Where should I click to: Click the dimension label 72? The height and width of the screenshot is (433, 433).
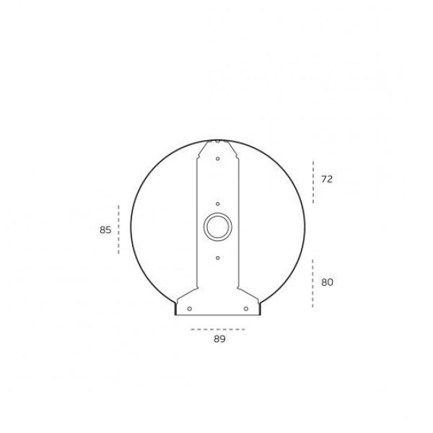327,179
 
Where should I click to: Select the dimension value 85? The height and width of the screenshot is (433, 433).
105,229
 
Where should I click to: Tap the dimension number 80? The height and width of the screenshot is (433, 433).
327,282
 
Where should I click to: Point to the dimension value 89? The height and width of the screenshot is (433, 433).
219,339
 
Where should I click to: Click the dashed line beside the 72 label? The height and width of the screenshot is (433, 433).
313,182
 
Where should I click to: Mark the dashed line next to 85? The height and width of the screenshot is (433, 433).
119,229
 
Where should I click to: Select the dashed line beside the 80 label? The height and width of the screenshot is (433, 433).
312,284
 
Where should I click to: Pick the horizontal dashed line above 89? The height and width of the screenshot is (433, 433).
218,329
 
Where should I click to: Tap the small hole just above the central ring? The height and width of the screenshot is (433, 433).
218,204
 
